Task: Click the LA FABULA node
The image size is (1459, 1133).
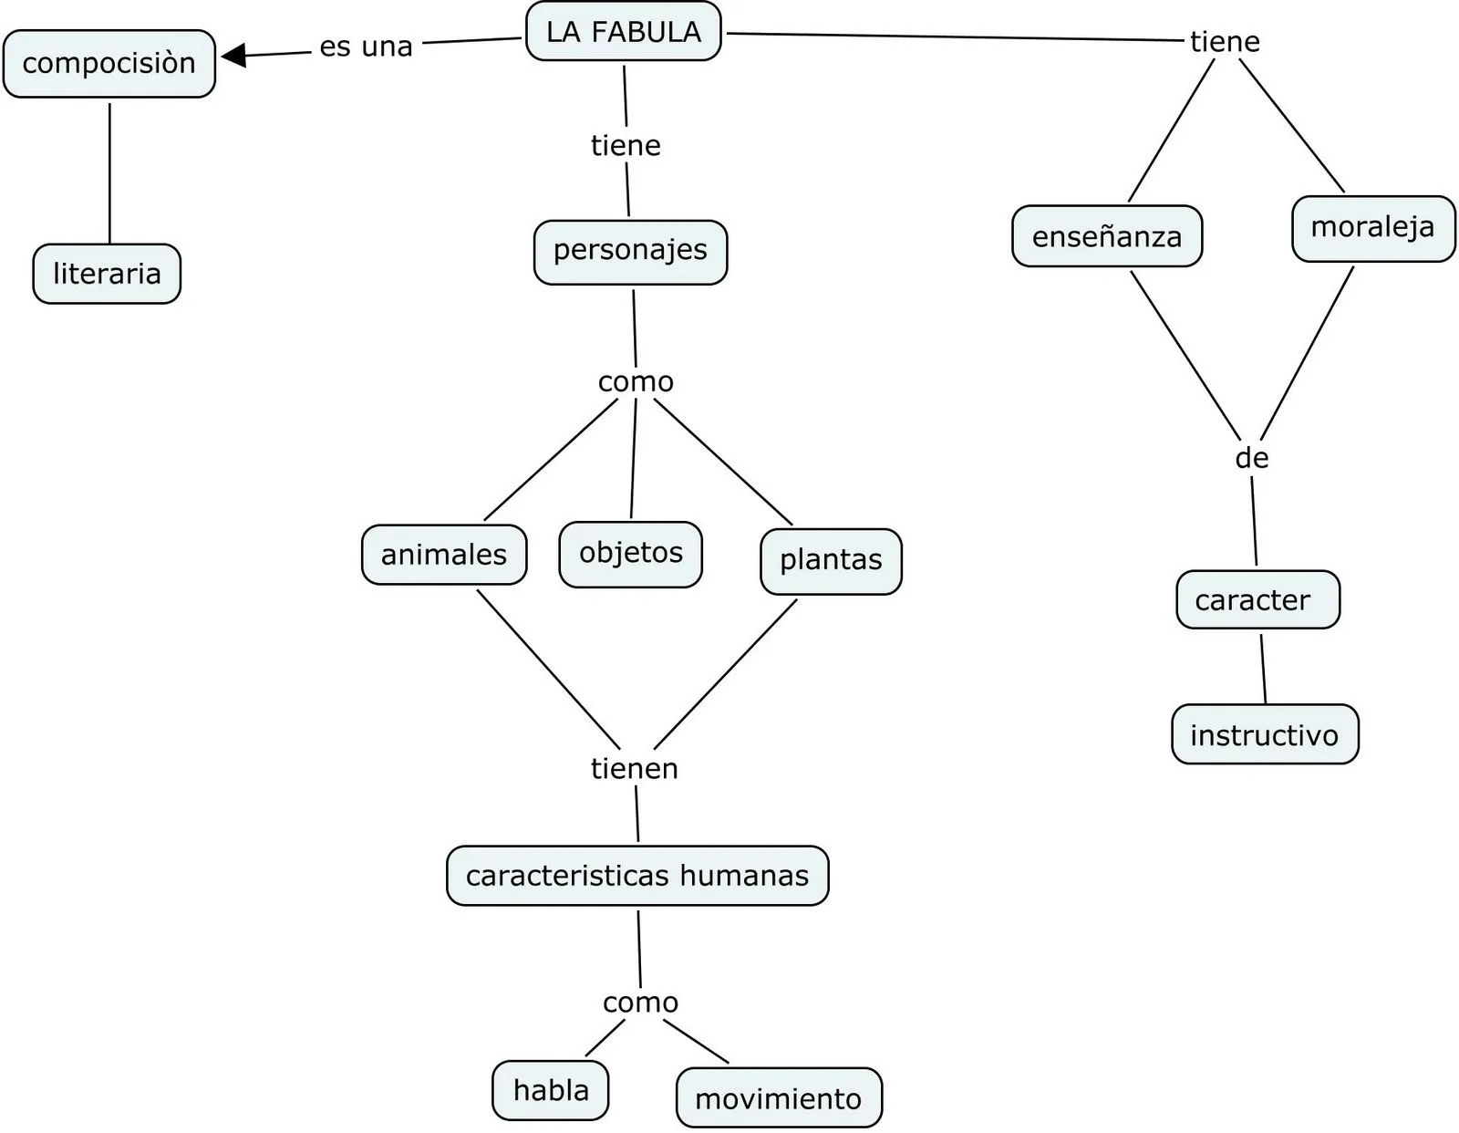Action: (624, 32)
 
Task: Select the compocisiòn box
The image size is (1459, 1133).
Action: (109, 64)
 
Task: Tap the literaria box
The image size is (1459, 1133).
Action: (107, 274)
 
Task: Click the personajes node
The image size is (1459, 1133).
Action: (630, 251)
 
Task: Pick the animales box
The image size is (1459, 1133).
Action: (444, 555)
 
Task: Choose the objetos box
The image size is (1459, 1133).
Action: (630, 554)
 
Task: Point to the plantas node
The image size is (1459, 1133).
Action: (831, 561)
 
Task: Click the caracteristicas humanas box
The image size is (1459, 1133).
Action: (637, 876)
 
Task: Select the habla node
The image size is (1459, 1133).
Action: (551, 1090)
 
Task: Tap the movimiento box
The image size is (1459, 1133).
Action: (779, 1098)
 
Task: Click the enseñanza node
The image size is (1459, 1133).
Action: (1107, 237)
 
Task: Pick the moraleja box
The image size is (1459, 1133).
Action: (1372, 228)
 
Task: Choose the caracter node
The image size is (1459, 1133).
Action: (1257, 600)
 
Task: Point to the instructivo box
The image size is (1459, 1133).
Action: (1265, 734)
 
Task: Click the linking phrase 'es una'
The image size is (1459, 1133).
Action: (366, 47)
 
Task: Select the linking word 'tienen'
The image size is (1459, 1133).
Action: (635, 769)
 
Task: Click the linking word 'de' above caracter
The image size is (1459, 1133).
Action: (1252, 458)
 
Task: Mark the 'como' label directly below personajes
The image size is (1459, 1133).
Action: (636, 382)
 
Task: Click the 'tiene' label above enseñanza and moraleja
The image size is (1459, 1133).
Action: (1225, 42)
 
